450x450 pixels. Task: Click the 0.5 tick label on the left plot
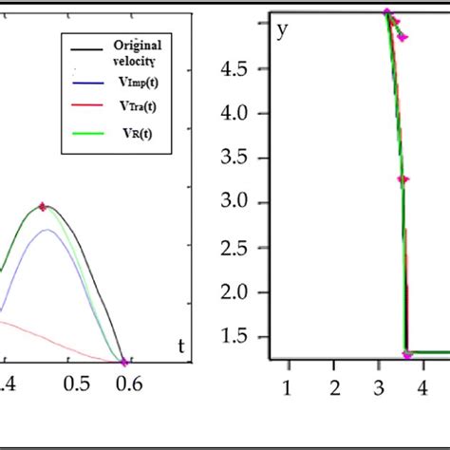pos(74,382)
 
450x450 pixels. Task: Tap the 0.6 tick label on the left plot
pos(128,382)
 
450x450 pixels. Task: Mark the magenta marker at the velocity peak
pos(43,206)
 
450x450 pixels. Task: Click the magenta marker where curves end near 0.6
pos(123,361)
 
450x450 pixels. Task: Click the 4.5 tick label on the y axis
pos(234,69)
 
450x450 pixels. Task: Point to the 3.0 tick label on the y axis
pos(234,202)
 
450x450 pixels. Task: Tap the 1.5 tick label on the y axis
pos(234,336)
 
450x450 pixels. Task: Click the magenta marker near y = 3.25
pos(403,178)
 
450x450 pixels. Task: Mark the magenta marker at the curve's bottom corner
pos(407,354)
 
